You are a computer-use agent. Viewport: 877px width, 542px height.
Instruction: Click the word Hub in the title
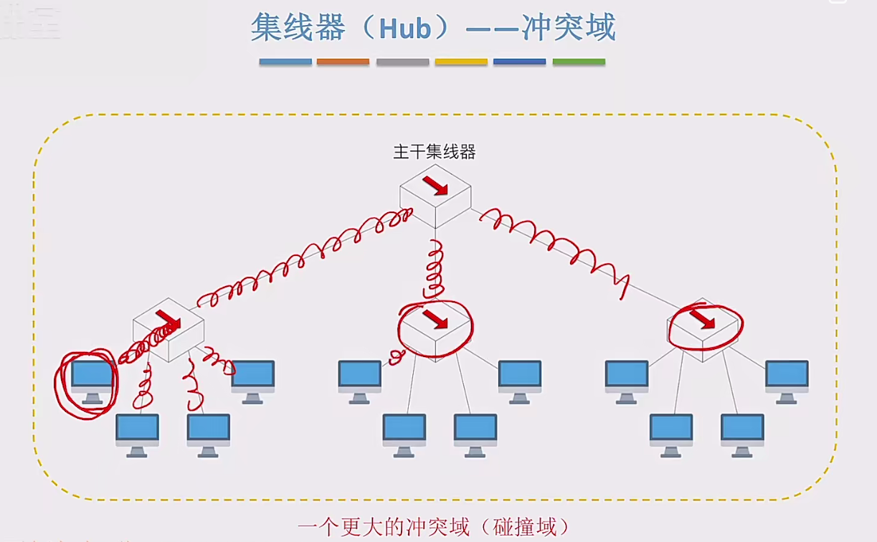(x=405, y=28)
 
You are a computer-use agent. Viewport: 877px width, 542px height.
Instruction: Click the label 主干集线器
(x=435, y=151)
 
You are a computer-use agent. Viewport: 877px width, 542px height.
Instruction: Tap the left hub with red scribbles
(x=169, y=330)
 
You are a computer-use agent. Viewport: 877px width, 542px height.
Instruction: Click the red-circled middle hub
(x=435, y=328)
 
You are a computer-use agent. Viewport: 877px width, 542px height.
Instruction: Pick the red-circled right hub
(x=703, y=328)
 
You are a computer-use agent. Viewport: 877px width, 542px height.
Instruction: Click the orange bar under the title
(x=343, y=62)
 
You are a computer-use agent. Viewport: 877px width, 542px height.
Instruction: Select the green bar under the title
(x=579, y=62)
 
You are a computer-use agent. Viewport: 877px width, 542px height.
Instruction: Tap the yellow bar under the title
(x=461, y=62)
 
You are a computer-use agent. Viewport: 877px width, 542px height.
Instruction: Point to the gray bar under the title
(x=402, y=62)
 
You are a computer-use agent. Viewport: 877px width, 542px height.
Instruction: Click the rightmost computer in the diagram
(x=787, y=380)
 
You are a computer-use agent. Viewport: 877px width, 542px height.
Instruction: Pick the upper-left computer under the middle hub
(x=360, y=380)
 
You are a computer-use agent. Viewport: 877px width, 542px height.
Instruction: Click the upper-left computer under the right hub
(x=627, y=380)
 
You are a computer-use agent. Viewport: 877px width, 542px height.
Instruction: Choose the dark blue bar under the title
(x=520, y=62)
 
